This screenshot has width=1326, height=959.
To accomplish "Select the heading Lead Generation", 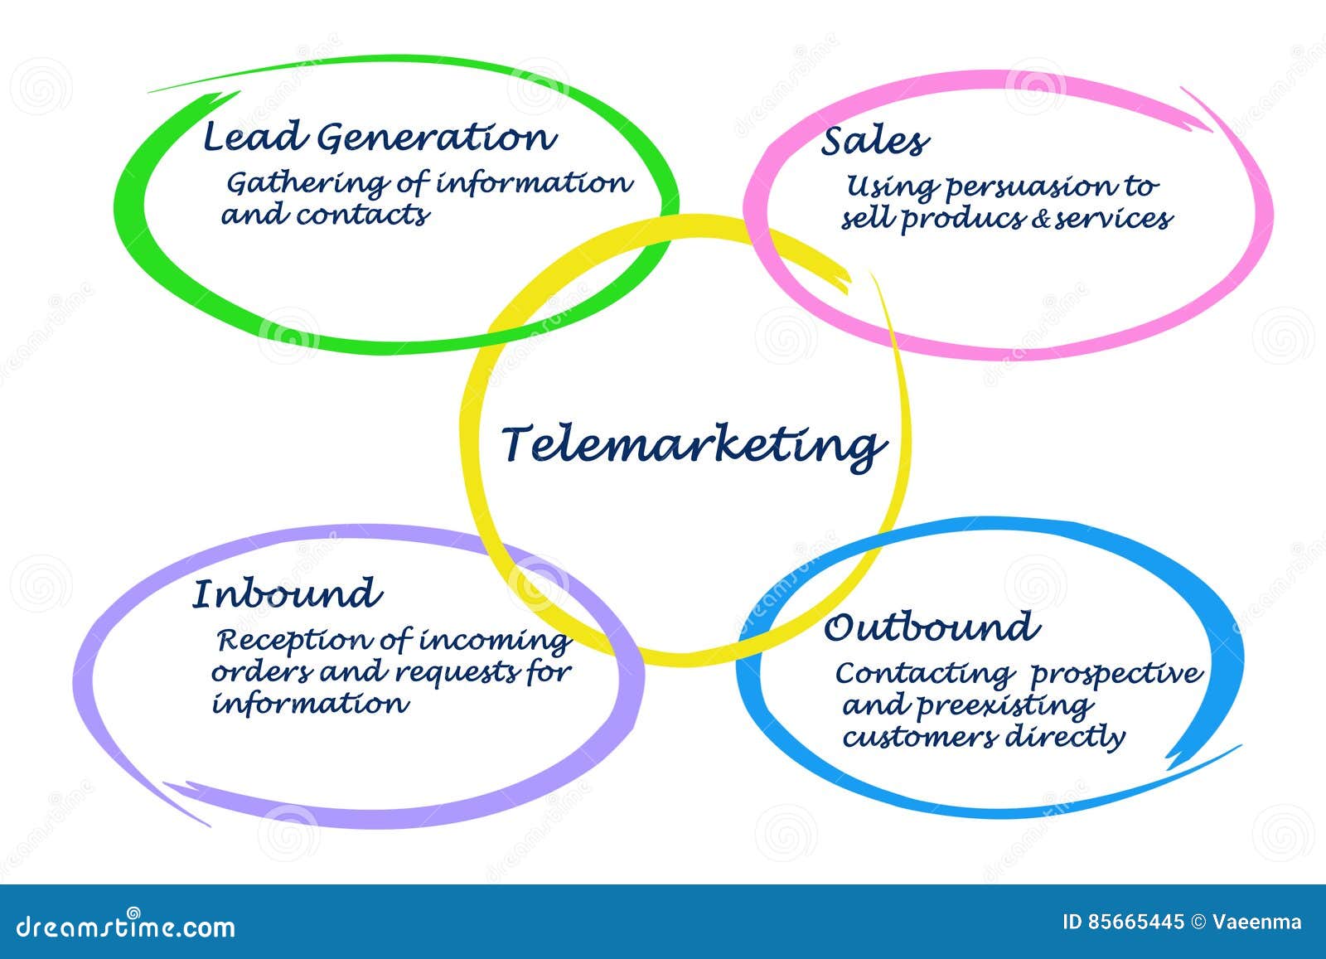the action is [380, 138].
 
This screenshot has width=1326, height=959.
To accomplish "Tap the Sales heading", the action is [875, 142].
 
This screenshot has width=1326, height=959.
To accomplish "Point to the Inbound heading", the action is [287, 593].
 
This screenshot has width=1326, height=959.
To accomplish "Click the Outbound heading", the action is [932, 627].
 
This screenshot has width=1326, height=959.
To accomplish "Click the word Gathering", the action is [307, 184].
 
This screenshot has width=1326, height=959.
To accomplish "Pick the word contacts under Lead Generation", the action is [362, 215].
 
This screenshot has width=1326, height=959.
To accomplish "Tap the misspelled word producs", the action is [963, 219].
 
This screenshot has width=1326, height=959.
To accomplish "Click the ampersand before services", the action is [1040, 219].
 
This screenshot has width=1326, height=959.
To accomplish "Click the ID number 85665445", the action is [1136, 922].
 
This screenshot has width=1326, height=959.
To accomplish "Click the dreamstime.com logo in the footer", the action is [125, 925].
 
